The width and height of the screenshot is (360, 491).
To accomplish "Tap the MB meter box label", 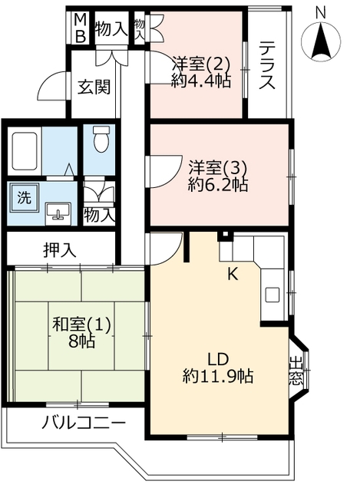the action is (81, 28).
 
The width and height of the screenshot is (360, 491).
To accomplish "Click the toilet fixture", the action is (101, 139).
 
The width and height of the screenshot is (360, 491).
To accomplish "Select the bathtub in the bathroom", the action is (25, 150).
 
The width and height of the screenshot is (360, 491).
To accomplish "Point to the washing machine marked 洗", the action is (25, 198).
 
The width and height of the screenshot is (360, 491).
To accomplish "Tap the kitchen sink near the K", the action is (272, 295).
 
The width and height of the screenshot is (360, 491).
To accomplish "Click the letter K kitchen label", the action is (233, 275).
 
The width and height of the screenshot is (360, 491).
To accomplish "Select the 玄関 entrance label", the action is (94, 87).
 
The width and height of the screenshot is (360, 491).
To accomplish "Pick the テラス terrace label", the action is (267, 65).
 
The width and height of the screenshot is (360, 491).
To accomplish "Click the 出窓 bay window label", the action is (296, 371).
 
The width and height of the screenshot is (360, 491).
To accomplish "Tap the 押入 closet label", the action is (60, 250).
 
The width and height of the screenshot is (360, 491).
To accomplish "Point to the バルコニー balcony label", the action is (84, 423).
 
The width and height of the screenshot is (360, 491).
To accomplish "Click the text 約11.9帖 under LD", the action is (218, 376).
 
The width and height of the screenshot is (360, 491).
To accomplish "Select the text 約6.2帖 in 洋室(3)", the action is (218, 185).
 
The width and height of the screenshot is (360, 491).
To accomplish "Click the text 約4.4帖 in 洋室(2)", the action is (201, 81).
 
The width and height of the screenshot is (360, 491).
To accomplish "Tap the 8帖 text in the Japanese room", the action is (81, 341).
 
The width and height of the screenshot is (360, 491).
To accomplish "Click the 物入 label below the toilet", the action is (98, 216).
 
